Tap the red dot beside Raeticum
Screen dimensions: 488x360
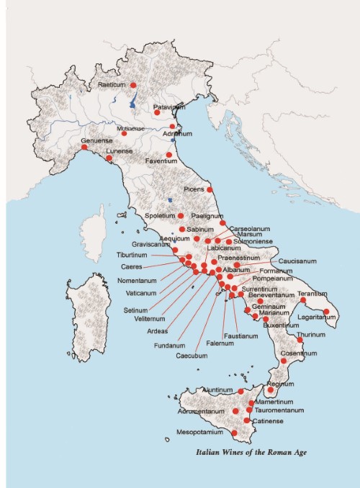pos(133,86)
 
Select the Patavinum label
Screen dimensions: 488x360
pos(169,107)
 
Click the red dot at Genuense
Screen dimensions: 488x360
pos(84,148)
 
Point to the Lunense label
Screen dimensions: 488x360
pos(120,152)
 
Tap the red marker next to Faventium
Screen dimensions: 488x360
pos(169,154)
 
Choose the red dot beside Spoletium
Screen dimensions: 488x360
pos(181,215)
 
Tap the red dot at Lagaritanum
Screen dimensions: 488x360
pos(326,312)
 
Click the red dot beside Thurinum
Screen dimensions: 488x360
pos(300,339)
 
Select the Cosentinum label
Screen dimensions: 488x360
pos(299,353)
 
